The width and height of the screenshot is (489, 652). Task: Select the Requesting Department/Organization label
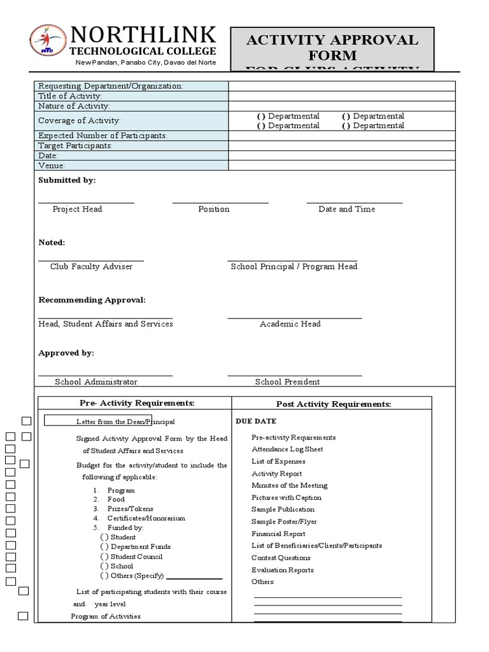tap(110, 87)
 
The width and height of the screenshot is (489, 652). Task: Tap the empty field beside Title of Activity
tap(341, 96)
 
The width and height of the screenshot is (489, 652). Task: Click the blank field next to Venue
tap(341, 166)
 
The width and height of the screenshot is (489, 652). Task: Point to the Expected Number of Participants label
tap(103, 136)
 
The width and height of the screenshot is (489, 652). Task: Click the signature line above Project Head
tap(86, 203)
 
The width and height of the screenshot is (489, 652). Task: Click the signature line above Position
tap(220, 203)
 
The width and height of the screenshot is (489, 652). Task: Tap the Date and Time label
tap(346, 209)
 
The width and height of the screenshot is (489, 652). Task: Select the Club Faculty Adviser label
tap(91, 267)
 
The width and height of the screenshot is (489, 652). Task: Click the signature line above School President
tap(294, 376)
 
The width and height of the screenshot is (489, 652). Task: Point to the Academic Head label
tap(290, 324)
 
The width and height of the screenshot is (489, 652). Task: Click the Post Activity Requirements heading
tap(333, 404)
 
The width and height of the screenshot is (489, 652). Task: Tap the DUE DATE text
tap(256, 422)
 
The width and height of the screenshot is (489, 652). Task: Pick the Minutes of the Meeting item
tap(289, 485)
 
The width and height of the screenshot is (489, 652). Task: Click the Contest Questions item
tap(282, 558)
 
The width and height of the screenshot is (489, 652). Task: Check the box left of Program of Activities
tap(23, 616)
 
